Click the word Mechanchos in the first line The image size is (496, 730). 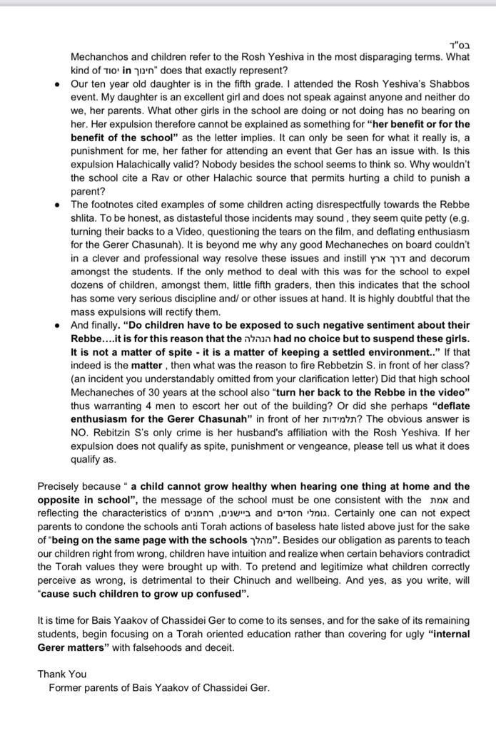[100, 58]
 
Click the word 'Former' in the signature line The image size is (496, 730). [66, 688]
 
